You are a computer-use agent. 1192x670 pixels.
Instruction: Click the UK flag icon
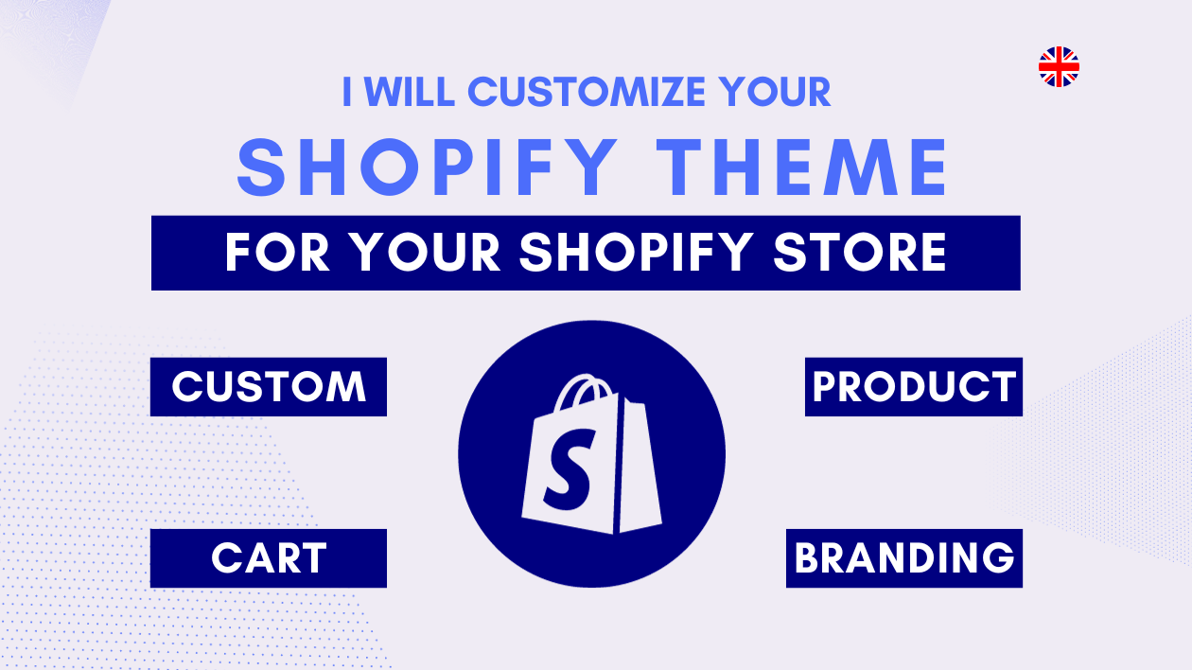[1059, 66]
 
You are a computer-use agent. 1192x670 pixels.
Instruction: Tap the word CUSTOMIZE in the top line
[587, 92]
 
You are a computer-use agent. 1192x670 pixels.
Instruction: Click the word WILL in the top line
[410, 92]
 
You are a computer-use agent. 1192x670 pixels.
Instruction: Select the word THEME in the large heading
[802, 167]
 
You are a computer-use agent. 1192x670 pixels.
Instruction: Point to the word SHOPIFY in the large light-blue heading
[427, 167]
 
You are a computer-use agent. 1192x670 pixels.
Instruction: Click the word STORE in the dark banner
[860, 253]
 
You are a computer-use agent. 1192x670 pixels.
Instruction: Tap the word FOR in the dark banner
[277, 253]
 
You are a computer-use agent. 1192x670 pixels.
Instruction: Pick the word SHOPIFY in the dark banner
[636, 253]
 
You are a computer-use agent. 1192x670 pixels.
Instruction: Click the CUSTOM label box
[269, 387]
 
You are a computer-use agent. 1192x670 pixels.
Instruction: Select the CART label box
[269, 558]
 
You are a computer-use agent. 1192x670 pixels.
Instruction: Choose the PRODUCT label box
[914, 387]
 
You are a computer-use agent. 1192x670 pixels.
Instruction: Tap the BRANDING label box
[904, 558]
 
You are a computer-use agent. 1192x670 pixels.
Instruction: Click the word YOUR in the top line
[775, 92]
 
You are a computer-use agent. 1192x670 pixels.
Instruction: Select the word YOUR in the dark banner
[425, 253]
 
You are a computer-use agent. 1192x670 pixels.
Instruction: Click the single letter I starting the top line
[346, 92]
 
